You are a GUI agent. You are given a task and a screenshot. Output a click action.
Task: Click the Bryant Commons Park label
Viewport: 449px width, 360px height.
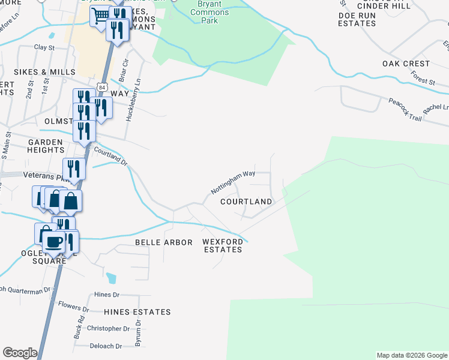pyautogui.click(x=208, y=12)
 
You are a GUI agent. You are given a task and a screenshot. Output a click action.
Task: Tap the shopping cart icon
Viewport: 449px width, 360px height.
pyautogui.click(x=101, y=15)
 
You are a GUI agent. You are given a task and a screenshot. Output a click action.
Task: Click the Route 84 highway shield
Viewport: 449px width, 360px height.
pyautogui.click(x=103, y=88)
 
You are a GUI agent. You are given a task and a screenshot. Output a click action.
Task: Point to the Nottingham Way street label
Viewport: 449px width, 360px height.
pyautogui.click(x=234, y=182)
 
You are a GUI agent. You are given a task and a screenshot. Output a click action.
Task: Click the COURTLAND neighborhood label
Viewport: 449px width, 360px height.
pyautogui.click(x=246, y=202)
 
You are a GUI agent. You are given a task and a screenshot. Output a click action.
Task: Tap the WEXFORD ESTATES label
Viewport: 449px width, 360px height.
pyautogui.click(x=222, y=245)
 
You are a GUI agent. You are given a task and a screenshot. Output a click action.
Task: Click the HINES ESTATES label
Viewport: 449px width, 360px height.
pyautogui.click(x=137, y=312)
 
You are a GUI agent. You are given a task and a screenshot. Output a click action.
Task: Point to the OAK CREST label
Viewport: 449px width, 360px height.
pyautogui.click(x=406, y=64)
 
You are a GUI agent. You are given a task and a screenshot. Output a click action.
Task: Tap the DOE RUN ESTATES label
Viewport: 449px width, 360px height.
pyautogui.click(x=357, y=19)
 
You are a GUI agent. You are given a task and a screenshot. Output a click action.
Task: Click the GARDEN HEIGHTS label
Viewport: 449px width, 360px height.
pyautogui.click(x=46, y=146)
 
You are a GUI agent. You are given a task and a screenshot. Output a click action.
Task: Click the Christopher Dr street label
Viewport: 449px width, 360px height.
pyautogui.click(x=108, y=328)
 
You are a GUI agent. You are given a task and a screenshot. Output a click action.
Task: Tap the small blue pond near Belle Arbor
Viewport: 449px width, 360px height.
pyautogui.click(x=111, y=278)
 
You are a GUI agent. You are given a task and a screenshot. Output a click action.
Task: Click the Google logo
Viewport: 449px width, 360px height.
pyautogui.click(x=20, y=353)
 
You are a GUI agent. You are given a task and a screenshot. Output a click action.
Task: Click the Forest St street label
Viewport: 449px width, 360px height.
pyautogui.click(x=423, y=77)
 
